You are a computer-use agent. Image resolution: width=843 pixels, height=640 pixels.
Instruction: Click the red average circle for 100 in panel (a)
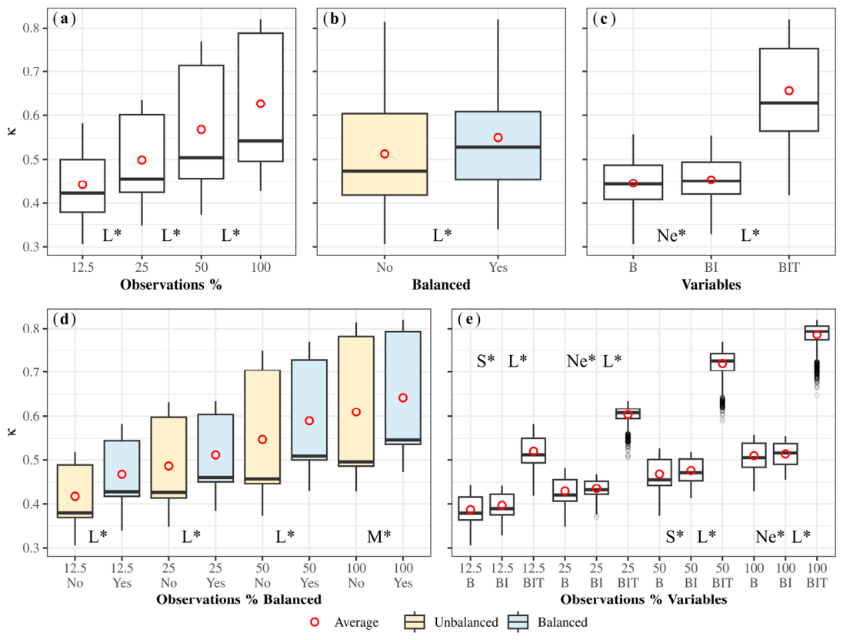pyautogui.click(x=261, y=103)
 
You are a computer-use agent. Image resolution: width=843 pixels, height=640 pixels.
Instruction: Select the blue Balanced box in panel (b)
pyautogui.click(x=498, y=146)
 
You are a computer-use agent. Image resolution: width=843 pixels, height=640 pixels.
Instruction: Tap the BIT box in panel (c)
pyautogui.click(x=788, y=89)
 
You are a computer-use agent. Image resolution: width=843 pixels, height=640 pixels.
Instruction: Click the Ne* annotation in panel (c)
pyautogui.click(x=671, y=235)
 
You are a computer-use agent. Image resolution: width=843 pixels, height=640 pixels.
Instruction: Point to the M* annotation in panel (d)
pyautogui.click(x=379, y=536)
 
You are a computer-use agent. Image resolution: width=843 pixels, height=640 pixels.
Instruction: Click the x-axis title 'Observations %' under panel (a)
pyautogui.click(x=171, y=285)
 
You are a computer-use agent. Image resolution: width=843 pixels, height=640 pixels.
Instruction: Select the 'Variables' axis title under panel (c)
pyautogui.click(x=711, y=285)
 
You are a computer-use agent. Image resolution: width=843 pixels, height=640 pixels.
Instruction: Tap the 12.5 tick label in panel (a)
pyautogui.click(x=82, y=267)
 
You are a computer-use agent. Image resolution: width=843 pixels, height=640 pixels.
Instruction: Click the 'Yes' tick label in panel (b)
pyautogui.click(x=498, y=267)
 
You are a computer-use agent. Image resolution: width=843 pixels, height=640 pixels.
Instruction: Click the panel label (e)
pyautogui.click(x=469, y=319)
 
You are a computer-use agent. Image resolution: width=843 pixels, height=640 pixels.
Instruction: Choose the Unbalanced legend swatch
pyautogui.click(x=415, y=622)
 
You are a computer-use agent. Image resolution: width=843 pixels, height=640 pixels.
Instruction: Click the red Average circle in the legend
pyautogui.click(x=315, y=622)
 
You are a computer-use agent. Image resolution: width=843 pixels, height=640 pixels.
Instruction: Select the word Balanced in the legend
pyautogui.click(x=562, y=622)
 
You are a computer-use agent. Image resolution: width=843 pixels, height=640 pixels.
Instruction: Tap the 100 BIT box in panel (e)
pyautogui.click(x=817, y=333)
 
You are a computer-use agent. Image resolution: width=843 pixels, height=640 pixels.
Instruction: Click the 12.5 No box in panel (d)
pyautogui.click(x=75, y=491)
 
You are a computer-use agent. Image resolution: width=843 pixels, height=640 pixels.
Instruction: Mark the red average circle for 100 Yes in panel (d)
pyautogui.click(x=403, y=397)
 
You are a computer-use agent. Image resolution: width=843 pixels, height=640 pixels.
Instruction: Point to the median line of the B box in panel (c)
pyautogui.click(x=633, y=183)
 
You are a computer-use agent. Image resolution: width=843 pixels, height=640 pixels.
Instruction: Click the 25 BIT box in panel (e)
pyautogui.click(x=628, y=414)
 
